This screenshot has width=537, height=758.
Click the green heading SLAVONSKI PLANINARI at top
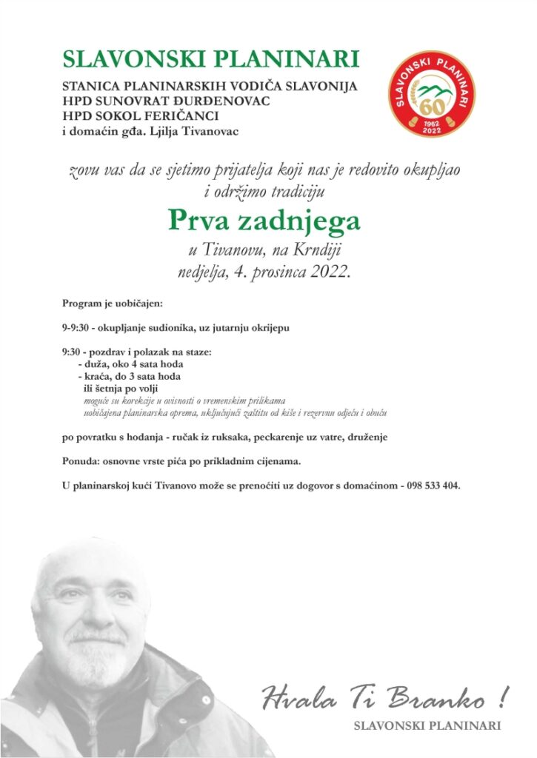(x=211, y=59)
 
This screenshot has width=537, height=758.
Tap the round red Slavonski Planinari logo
(x=432, y=93)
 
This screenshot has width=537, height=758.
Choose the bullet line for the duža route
(x=133, y=364)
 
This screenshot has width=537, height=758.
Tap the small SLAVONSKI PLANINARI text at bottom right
(x=427, y=726)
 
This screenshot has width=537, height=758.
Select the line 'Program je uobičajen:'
(x=112, y=303)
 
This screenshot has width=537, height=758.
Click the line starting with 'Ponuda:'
(x=181, y=462)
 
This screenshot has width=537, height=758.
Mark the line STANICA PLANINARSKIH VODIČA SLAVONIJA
(x=210, y=86)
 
